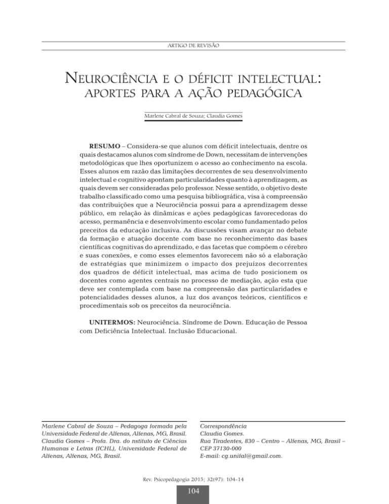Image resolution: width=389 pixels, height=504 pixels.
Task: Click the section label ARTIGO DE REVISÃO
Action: (x=194, y=46)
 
